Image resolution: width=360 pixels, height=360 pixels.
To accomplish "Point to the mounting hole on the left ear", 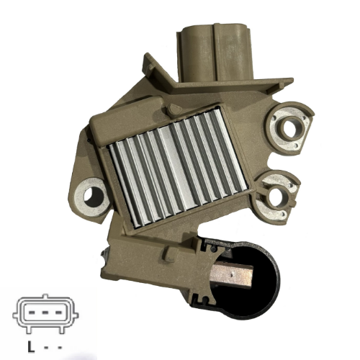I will point(91,194).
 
